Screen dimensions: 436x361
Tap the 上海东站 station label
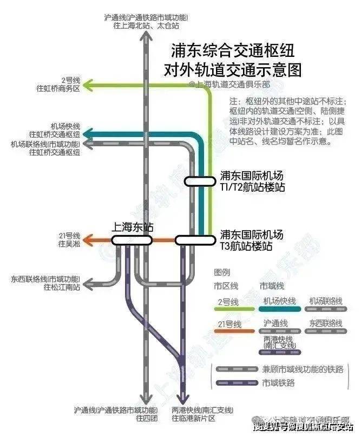(x=133, y=227)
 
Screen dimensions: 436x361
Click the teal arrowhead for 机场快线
(x=90, y=134)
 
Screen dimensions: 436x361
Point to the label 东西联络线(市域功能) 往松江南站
(x=46, y=283)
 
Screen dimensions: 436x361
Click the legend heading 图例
(x=222, y=272)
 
